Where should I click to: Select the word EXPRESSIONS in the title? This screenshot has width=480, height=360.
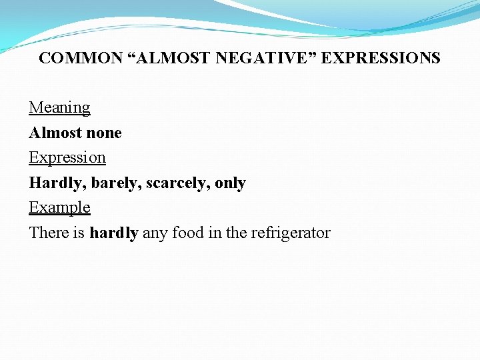[x=381, y=58]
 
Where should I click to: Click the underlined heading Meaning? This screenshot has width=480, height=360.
[x=59, y=107]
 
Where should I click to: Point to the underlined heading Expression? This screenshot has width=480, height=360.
[x=67, y=157]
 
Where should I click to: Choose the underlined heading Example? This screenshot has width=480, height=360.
[x=59, y=207]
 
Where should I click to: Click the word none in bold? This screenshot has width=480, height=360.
[x=103, y=133]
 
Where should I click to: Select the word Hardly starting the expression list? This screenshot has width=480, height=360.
[x=57, y=183]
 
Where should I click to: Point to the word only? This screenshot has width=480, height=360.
[x=231, y=183]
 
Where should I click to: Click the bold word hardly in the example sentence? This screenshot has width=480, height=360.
[x=114, y=233]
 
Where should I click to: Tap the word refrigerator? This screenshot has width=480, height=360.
[x=291, y=233]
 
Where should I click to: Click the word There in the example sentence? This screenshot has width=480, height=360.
[x=47, y=233]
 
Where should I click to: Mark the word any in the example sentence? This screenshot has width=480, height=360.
[x=155, y=233]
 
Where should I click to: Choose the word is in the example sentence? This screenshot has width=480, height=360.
[x=78, y=233]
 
